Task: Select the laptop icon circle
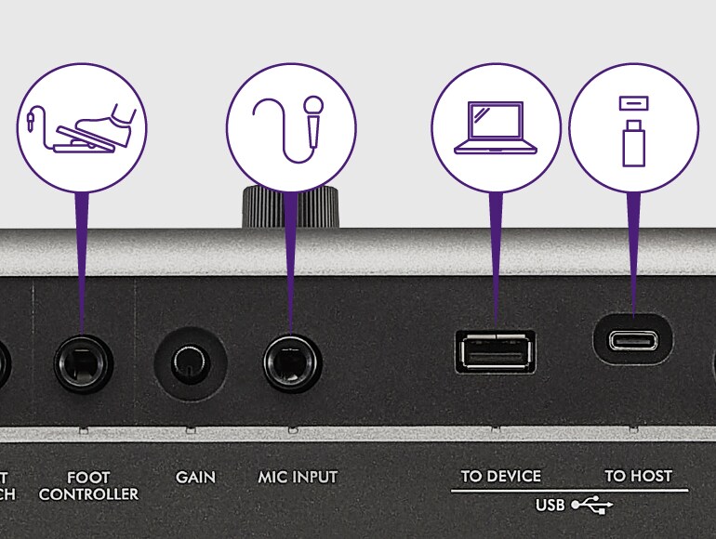tap(495, 127)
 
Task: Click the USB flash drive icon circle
tap(633, 127)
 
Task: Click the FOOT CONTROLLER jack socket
tap(83, 362)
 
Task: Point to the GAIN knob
tap(191, 362)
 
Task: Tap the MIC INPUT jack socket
tap(293, 362)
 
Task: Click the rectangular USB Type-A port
tap(495, 350)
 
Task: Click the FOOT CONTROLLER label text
tap(88, 485)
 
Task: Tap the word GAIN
tap(195, 478)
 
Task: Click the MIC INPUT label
tap(298, 478)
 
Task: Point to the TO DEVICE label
tap(500, 477)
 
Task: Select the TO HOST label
tap(638, 477)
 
